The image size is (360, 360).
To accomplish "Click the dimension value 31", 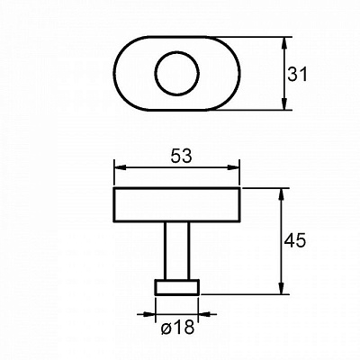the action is (x=297, y=75).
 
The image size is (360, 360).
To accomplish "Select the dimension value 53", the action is (x=181, y=157).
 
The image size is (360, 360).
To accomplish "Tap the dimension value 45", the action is (x=295, y=240).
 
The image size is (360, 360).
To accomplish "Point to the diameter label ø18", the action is (x=177, y=327).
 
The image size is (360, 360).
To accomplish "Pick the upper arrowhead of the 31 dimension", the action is (x=284, y=43).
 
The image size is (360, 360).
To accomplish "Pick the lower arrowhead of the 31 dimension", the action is (x=284, y=103).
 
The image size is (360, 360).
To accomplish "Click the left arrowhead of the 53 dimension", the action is (x=121, y=167).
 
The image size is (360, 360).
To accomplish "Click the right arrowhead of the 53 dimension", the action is (x=233, y=167).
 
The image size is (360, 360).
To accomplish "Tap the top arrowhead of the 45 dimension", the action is (x=282, y=194).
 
